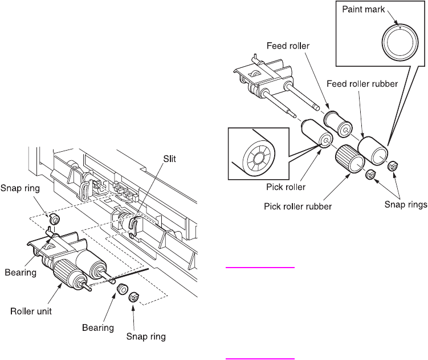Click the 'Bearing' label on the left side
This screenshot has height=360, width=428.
[x=21, y=272]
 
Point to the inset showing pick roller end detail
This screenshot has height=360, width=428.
[x=256, y=151]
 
